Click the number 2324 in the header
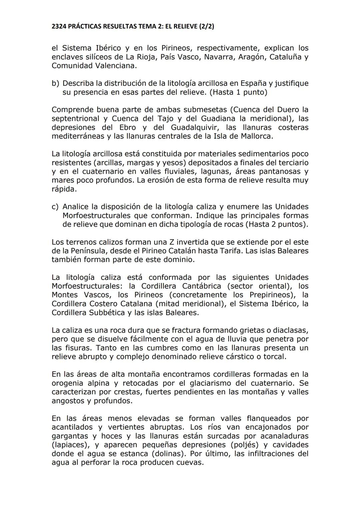tap(59, 26)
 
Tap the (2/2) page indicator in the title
tap(206, 26)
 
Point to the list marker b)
tap(55, 83)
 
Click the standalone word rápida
tap(64, 189)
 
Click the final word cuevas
tap(189, 462)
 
